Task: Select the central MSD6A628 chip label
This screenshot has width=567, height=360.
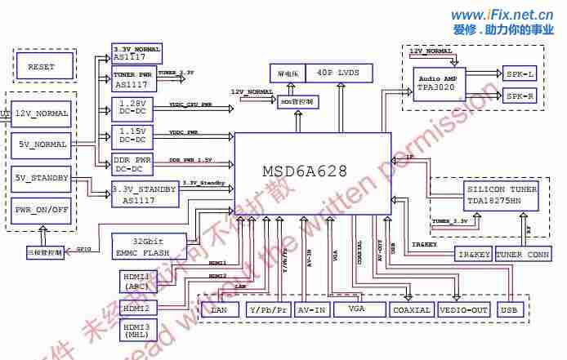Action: pos(305,171)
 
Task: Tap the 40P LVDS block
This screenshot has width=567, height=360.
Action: pos(338,73)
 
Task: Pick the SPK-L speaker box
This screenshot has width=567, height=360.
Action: pos(520,73)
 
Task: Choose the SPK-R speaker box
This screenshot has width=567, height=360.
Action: pos(520,96)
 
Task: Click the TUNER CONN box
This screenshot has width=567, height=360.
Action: pos(523,255)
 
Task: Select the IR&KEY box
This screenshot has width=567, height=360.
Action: pos(474,255)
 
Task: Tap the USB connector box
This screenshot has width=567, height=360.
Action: pos(508,310)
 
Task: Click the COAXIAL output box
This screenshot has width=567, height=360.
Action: pos(411,310)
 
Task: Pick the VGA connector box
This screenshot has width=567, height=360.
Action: pos(355,309)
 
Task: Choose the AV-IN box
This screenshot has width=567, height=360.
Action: pos(311,310)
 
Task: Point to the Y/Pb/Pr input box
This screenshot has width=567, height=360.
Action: pos(269,310)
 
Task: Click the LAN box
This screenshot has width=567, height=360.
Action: pos(218,310)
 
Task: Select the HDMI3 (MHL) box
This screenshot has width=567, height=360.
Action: pos(136,331)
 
